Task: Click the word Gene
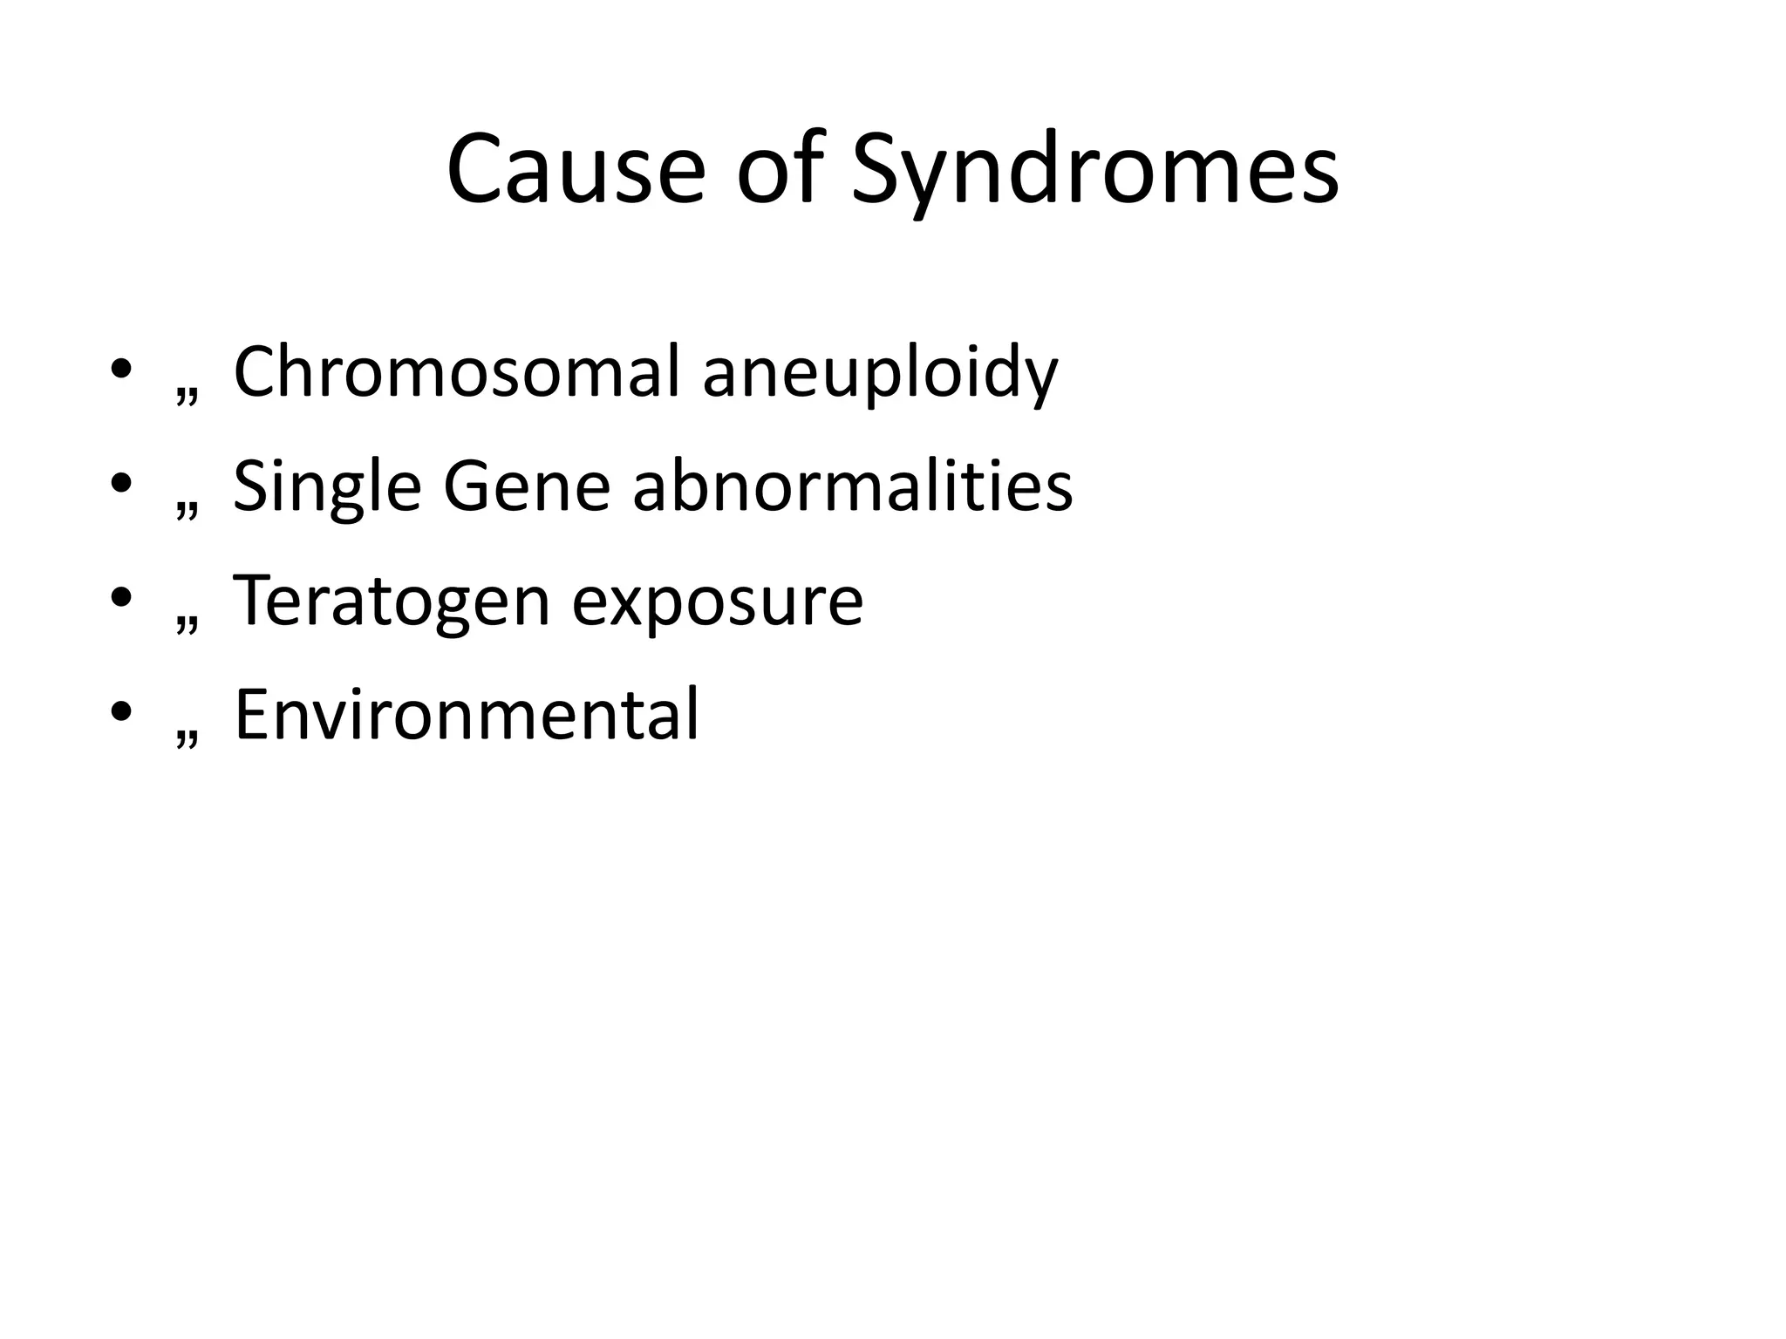[527, 486]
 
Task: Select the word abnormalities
[852, 486]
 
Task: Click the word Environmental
[467, 715]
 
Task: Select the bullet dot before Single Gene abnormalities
[121, 485]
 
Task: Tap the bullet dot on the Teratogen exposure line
[121, 598]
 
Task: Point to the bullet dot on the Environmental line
[121, 712]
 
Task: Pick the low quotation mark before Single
[186, 510]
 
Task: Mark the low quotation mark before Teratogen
[186, 624]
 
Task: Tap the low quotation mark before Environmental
[186, 737]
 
